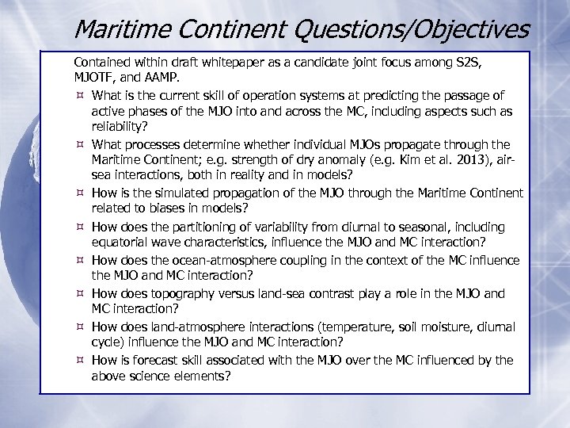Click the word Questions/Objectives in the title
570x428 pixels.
point(399,29)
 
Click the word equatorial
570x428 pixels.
point(120,243)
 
